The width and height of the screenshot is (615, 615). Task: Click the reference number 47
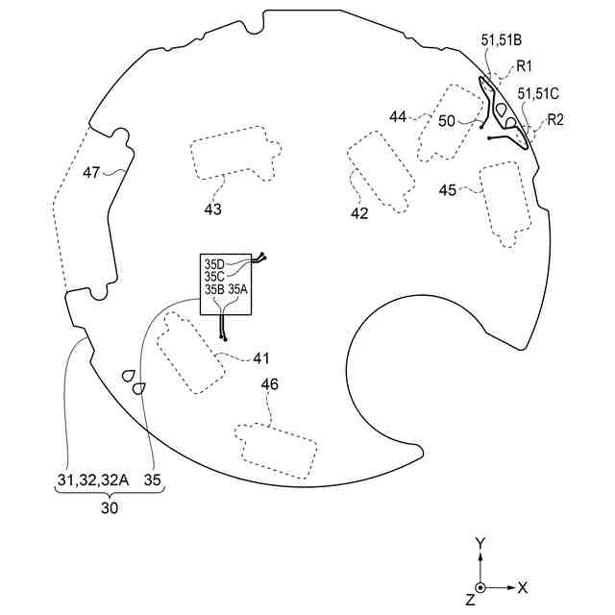click(x=91, y=173)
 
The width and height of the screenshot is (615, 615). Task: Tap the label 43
click(x=212, y=209)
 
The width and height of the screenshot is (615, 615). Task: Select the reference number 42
click(x=359, y=213)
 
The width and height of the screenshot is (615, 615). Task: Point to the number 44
click(x=399, y=116)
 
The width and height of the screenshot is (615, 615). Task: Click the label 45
click(x=448, y=190)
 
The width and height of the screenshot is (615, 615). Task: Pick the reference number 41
click(x=261, y=358)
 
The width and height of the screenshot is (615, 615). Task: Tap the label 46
click(x=271, y=384)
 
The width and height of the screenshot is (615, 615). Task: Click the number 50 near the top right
click(x=447, y=122)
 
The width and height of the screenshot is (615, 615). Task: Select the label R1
click(x=525, y=66)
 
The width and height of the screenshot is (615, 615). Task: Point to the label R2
click(x=555, y=120)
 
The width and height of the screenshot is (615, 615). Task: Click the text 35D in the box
click(x=213, y=263)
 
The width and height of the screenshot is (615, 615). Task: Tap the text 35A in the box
click(x=237, y=288)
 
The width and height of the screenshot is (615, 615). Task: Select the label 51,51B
click(x=500, y=40)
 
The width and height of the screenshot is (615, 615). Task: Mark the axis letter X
click(x=523, y=586)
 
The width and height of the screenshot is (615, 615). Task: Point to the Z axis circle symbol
click(x=480, y=587)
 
